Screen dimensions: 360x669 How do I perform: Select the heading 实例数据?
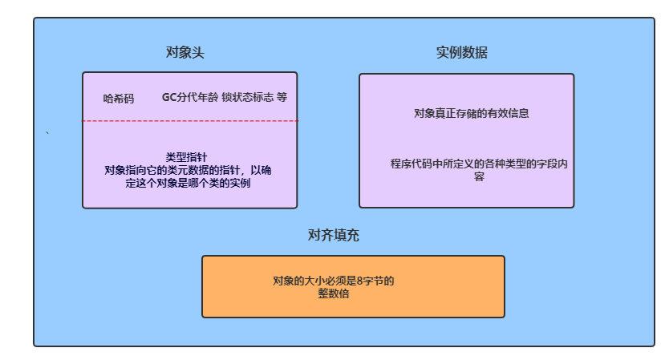461,54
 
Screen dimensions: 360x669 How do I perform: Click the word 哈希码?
119,99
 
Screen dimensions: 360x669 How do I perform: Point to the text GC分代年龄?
189,97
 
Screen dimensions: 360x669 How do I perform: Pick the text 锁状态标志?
247,97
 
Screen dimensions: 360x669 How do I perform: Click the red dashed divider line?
190,121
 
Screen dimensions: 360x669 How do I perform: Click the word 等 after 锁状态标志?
282,97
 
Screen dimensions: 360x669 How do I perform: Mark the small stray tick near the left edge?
48,133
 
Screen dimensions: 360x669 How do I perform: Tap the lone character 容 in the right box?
479,176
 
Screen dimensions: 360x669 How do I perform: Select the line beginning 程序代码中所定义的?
479,164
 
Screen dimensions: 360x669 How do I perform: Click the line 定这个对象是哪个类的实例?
189,183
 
